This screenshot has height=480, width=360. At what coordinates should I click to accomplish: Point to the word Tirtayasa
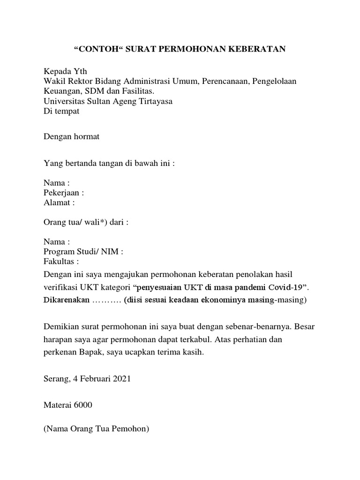pos(155,101)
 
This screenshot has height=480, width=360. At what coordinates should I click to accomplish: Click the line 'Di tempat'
pos(61,111)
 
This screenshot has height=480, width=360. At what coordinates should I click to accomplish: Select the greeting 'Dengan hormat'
pos(71,137)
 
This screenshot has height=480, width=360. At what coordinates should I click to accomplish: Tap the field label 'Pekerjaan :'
pos(64,193)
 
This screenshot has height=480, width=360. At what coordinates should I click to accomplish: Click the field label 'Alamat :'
pos(59,202)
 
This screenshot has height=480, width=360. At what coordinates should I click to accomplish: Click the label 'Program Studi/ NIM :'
pos(83,252)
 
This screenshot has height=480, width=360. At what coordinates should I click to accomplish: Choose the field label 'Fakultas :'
pos(61,262)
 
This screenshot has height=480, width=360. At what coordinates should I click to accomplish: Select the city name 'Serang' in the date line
pos(55,379)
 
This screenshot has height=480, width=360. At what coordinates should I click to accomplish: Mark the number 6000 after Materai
pos(82,405)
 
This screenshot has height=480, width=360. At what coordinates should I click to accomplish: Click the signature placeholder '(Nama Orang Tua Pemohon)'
pos(96,428)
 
